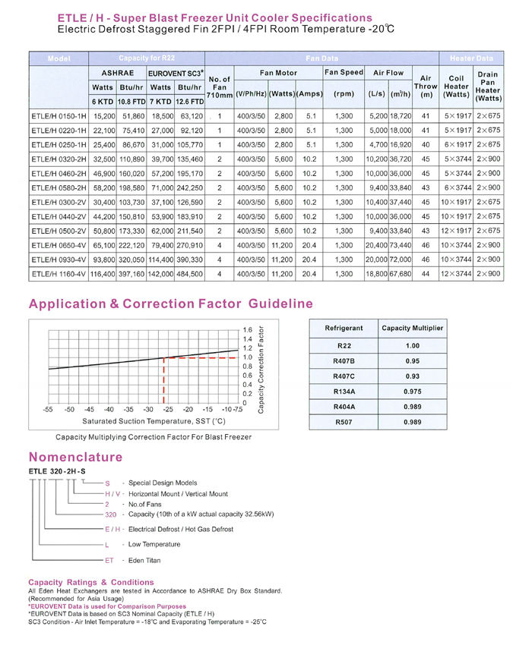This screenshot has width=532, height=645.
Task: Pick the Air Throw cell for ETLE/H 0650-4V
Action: (x=426, y=246)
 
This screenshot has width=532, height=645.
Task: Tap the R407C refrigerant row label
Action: (x=344, y=375)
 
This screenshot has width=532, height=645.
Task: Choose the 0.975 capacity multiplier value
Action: (x=413, y=391)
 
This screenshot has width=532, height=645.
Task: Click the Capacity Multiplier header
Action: (x=413, y=328)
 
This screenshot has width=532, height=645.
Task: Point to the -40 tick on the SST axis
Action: (x=109, y=408)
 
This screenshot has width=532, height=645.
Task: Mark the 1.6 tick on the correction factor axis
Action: (x=247, y=330)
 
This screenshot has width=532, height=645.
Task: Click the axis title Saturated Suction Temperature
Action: (x=154, y=420)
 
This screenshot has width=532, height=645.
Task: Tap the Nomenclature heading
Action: (x=75, y=457)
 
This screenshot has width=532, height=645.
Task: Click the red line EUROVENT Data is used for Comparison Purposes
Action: (x=106, y=606)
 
